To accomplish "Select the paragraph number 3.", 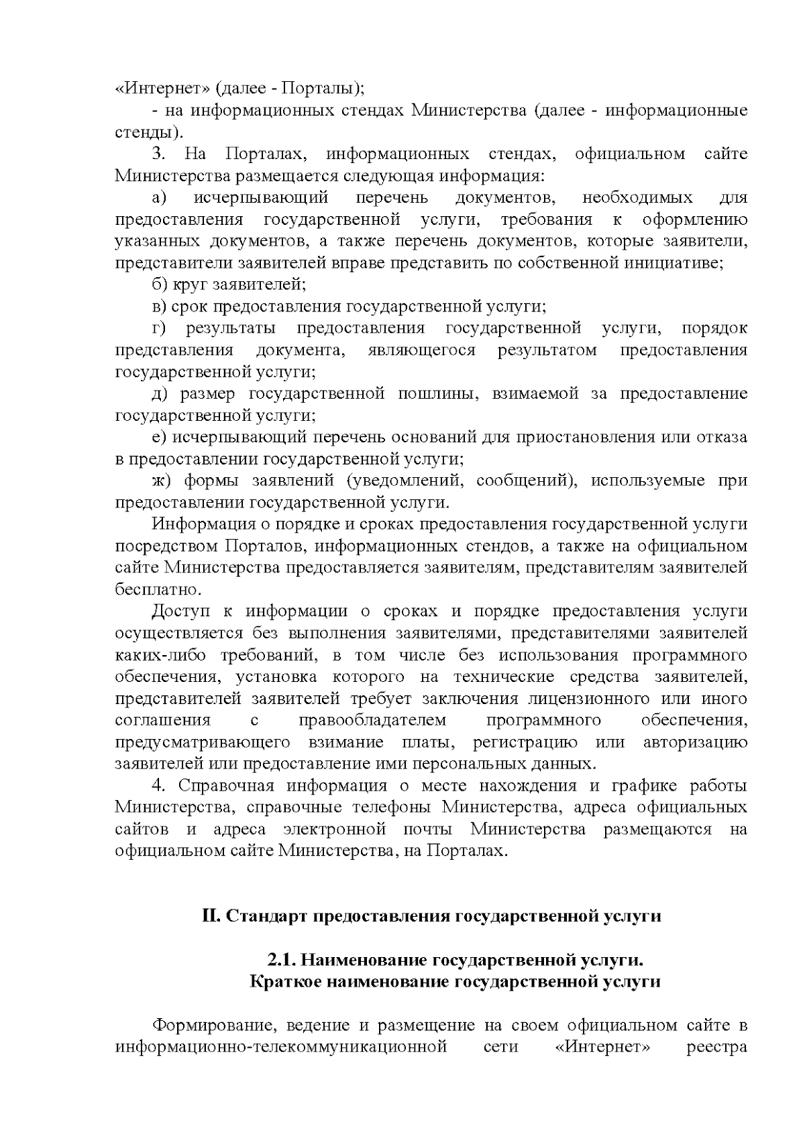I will click(158, 154).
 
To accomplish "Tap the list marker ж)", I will click(162, 481).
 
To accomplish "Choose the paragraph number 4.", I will click(158, 786).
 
